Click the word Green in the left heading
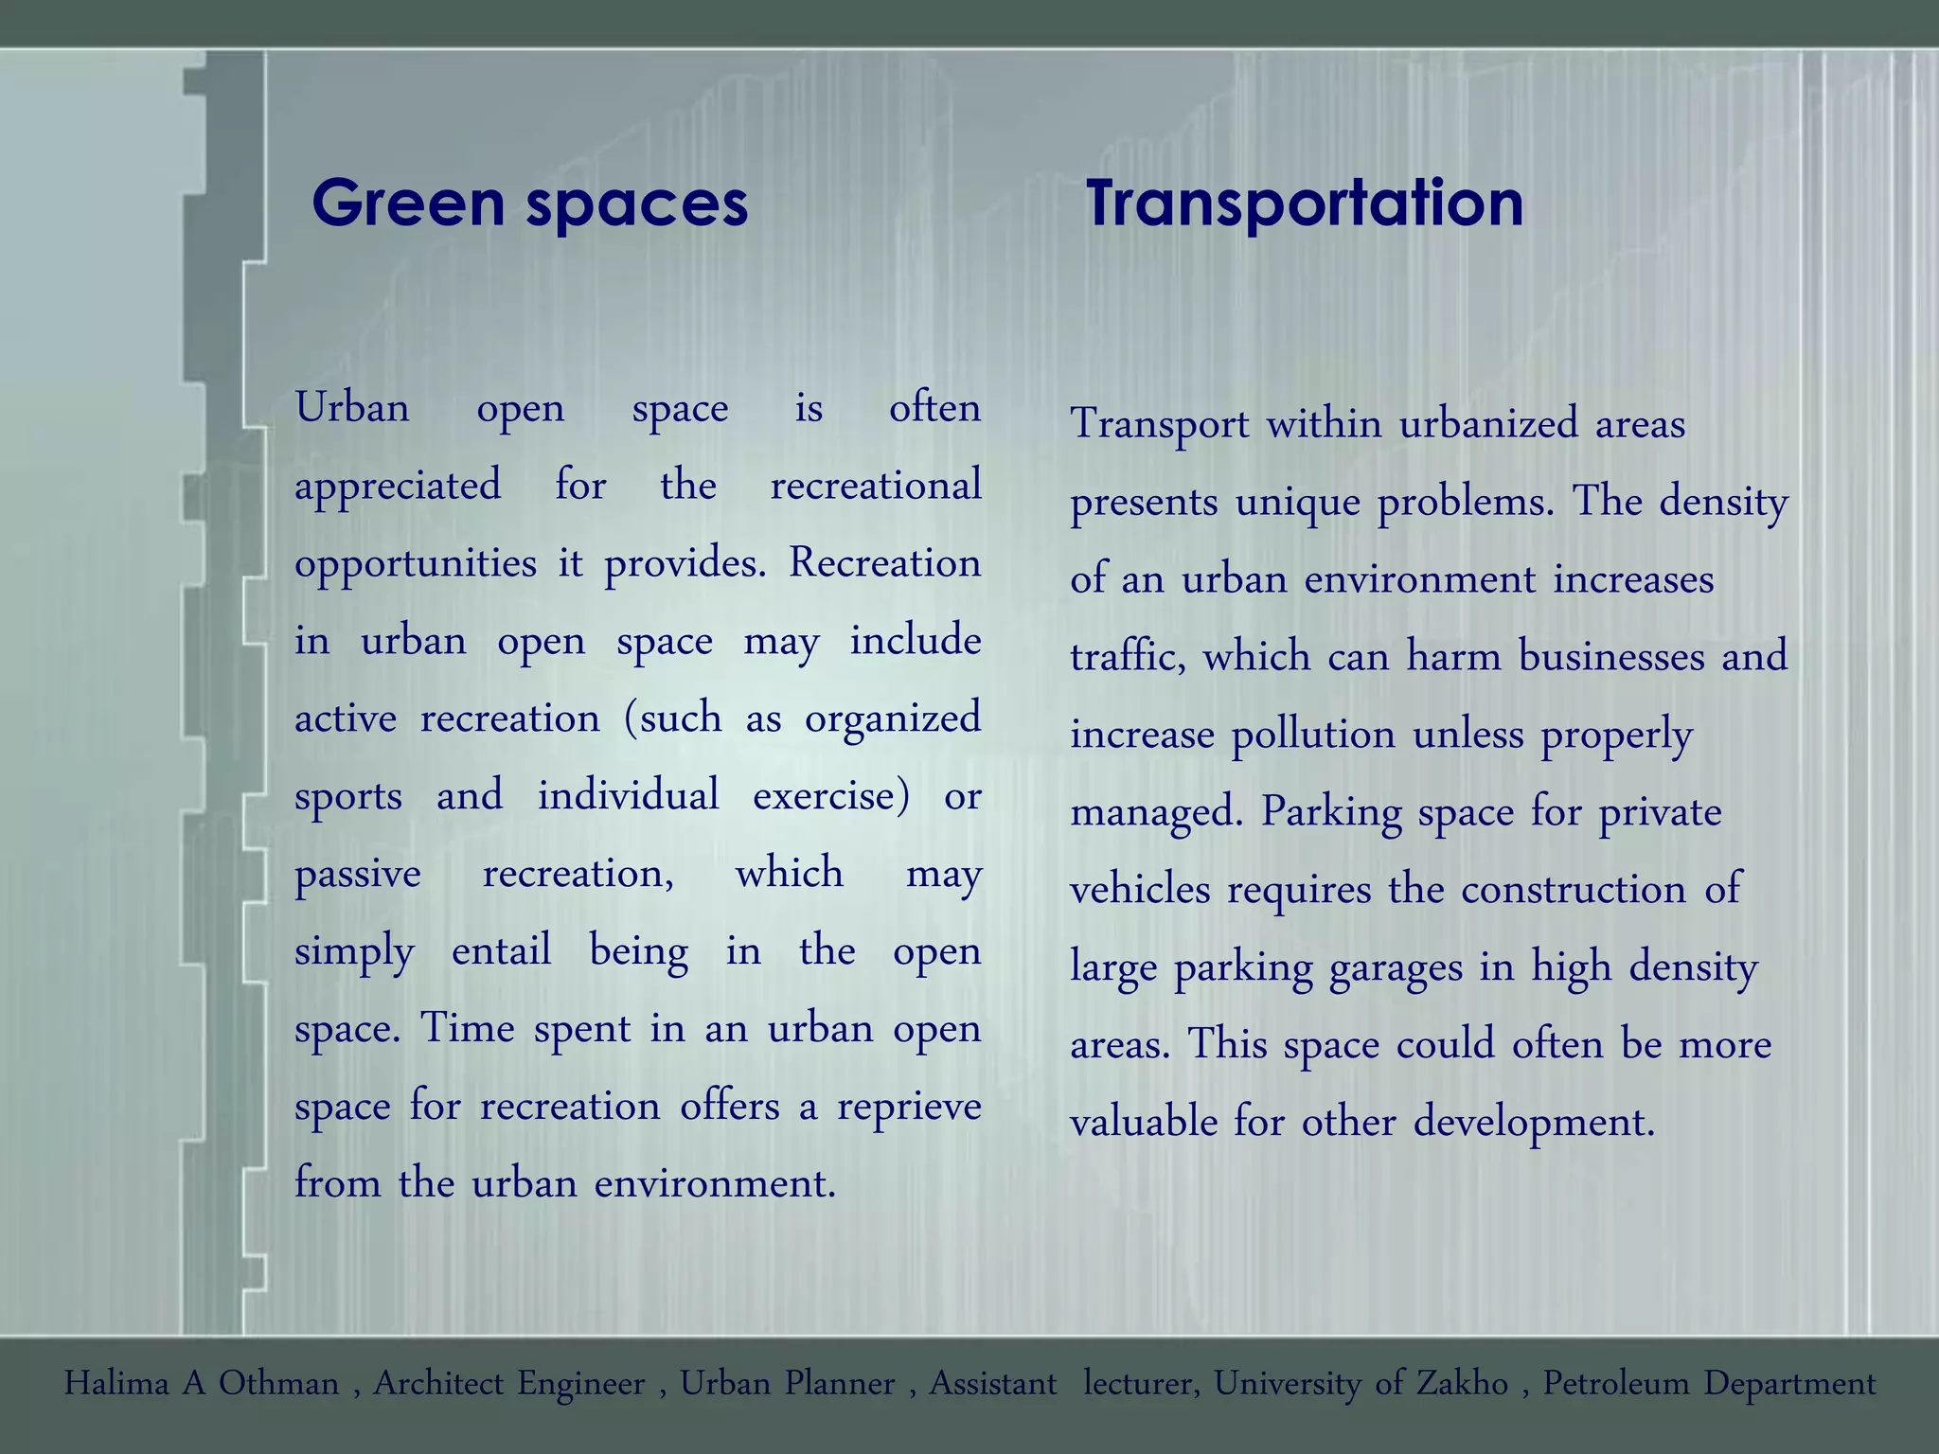408,204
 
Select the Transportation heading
1305,204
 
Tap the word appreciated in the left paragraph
398,487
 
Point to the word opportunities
416,564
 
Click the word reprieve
909,1107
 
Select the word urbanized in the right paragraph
1488,424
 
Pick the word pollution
1313,736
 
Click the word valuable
1144,1123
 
